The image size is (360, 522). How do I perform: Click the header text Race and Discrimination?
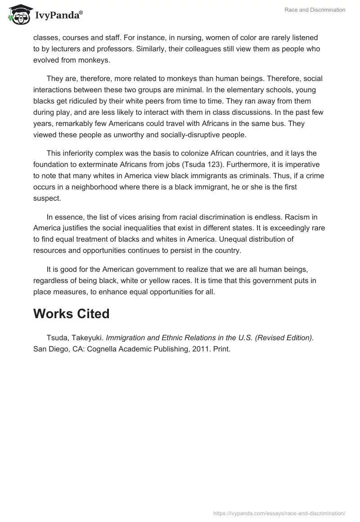pyautogui.click(x=315, y=10)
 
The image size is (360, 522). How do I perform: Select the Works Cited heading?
pyautogui.click(x=71, y=314)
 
